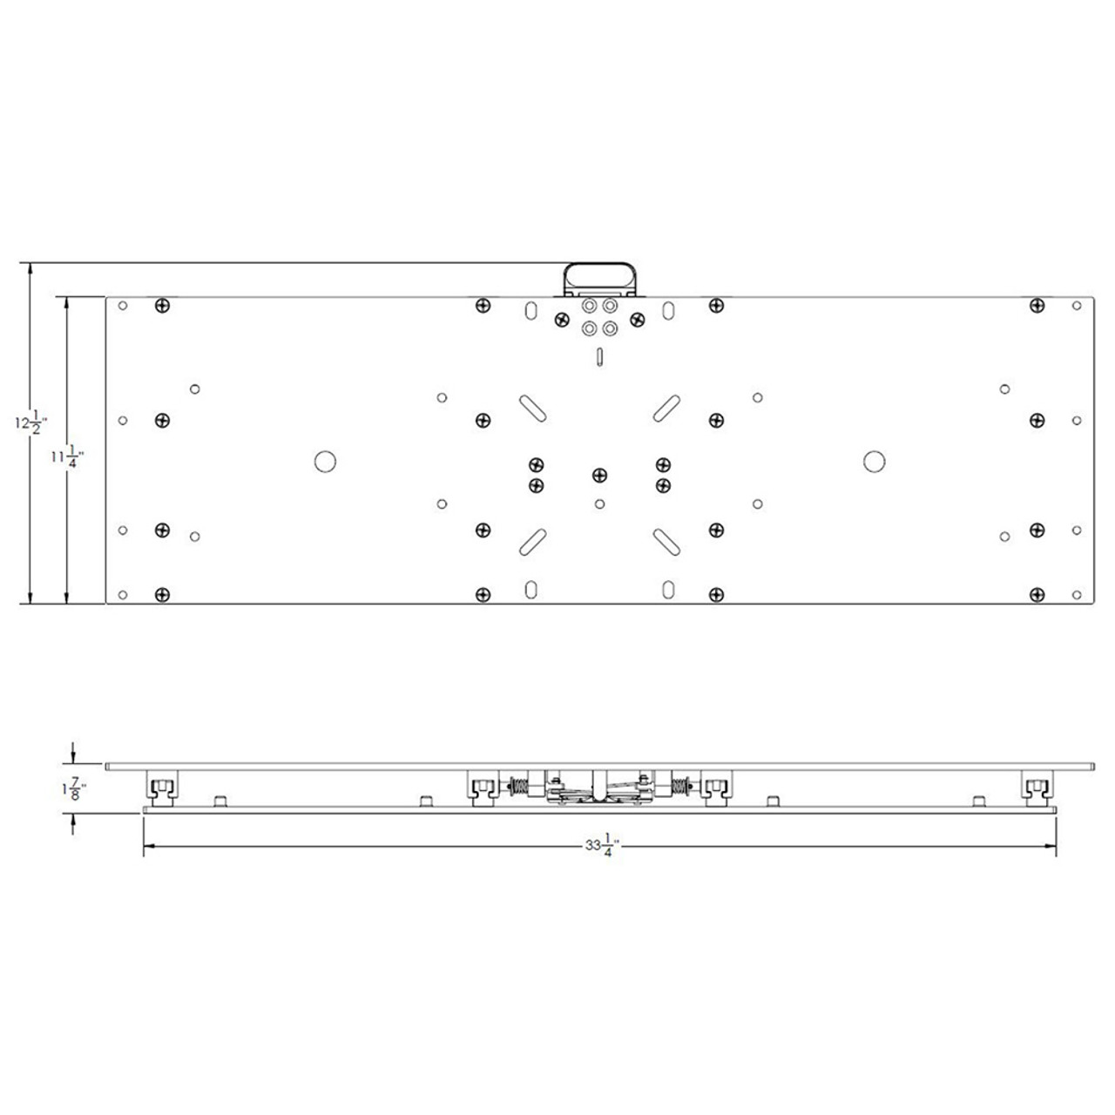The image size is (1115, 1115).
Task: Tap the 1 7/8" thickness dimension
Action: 71,788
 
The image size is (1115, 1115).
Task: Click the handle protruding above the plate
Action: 600,279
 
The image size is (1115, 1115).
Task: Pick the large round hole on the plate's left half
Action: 326,462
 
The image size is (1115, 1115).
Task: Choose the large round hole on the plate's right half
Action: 874,462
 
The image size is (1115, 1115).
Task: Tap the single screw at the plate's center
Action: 599,475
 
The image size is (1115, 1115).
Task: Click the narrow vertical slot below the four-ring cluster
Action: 599,355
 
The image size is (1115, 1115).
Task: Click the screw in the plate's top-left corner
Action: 161,306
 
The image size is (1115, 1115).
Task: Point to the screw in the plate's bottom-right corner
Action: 1037,595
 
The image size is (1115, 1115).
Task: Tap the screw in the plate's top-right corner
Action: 1037,306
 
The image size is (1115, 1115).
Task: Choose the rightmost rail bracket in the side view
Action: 1037,787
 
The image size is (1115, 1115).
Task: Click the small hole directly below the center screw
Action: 599,503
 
